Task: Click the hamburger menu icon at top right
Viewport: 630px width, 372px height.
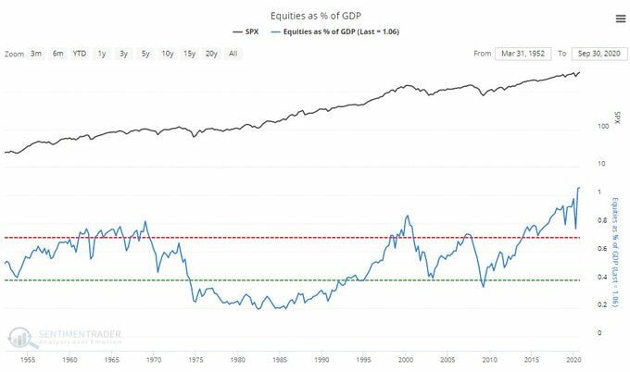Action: tap(619, 18)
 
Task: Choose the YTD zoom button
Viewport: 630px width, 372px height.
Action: tap(80, 54)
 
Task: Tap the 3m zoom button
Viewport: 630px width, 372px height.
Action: tap(36, 54)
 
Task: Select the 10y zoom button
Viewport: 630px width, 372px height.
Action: tap(167, 54)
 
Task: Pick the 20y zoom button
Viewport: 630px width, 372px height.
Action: tap(211, 54)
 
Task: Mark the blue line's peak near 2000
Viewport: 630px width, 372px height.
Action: tap(408, 216)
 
